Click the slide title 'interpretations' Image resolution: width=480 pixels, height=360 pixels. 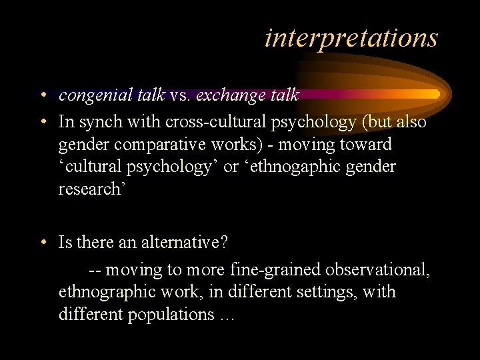pos(351,37)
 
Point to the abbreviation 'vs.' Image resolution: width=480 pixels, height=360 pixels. pos(180,95)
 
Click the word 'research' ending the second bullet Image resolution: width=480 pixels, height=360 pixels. pos(89,189)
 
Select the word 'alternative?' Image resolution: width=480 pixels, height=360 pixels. pos(183,243)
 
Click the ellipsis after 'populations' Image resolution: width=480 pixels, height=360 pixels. pos(227,315)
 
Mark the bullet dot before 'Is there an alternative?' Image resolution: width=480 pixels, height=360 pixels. pos(42,243)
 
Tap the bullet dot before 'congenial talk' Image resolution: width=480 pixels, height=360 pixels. pos(42,95)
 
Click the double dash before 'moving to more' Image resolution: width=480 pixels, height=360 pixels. pos(95,270)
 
